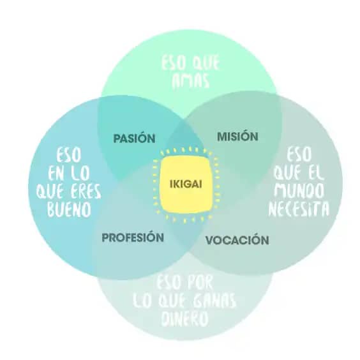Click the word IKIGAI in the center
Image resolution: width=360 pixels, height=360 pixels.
coord(186,184)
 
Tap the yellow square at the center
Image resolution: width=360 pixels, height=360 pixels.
coord(186,184)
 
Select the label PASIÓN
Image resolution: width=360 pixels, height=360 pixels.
coord(134,138)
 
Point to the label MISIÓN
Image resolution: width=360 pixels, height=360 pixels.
coord(237,136)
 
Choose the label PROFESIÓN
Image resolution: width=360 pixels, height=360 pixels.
coord(133,237)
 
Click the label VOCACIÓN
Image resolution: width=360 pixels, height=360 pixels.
coord(237,240)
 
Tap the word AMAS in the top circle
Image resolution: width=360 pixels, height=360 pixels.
coord(191,81)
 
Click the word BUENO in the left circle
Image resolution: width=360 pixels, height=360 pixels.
coord(69,209)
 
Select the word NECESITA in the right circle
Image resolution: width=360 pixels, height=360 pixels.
coord(299,209)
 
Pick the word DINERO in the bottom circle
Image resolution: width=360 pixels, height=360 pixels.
coord(185,319)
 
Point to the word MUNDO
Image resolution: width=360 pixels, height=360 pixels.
coord(299,190)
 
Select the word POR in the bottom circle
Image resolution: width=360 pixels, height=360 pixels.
coord(200,282)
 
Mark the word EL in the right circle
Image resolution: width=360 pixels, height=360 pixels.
coord(315,172)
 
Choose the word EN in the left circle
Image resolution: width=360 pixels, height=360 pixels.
coord(56,174)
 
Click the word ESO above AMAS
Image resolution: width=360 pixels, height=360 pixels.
coord(174,63)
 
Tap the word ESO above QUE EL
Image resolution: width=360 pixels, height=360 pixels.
coord(299,154)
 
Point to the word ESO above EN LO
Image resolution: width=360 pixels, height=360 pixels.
coord(69,155)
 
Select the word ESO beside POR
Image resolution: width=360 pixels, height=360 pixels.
coord(169,282)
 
